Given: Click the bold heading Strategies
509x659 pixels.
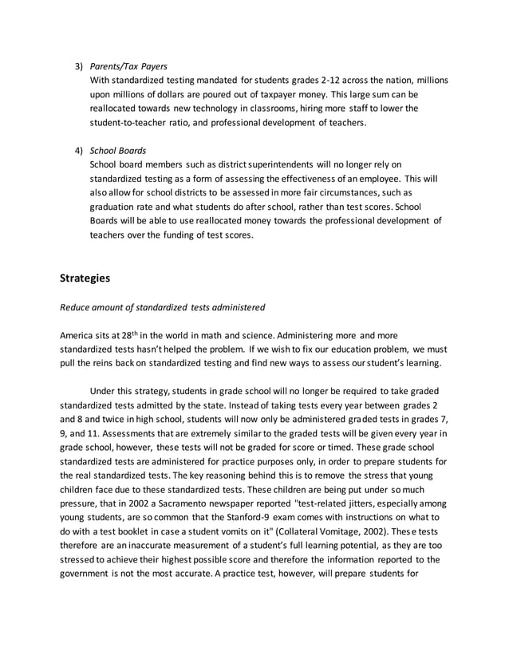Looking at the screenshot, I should [85, 278].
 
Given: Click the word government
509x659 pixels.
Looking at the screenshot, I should [88, 575].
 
